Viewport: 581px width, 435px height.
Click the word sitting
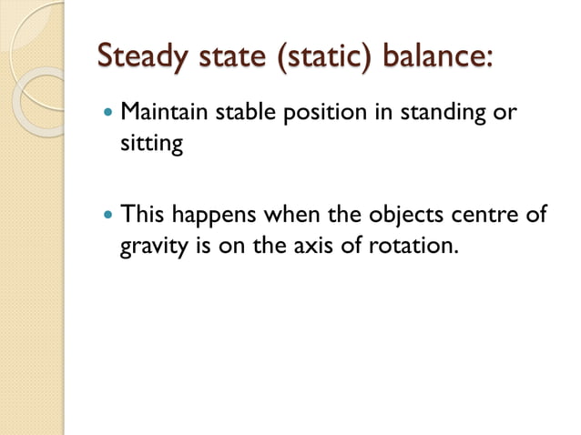pyautogui.click(x=151, y=146)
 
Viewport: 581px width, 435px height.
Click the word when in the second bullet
pyautogui.click(x=289, y=215)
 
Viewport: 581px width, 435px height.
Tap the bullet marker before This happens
pyautogui.click(x=109, y=216)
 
